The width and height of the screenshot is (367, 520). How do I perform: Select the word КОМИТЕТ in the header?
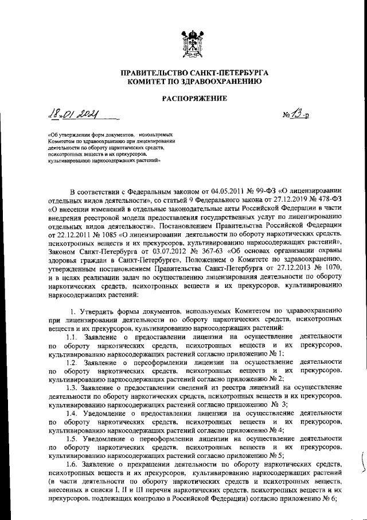tap(150, 82)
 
